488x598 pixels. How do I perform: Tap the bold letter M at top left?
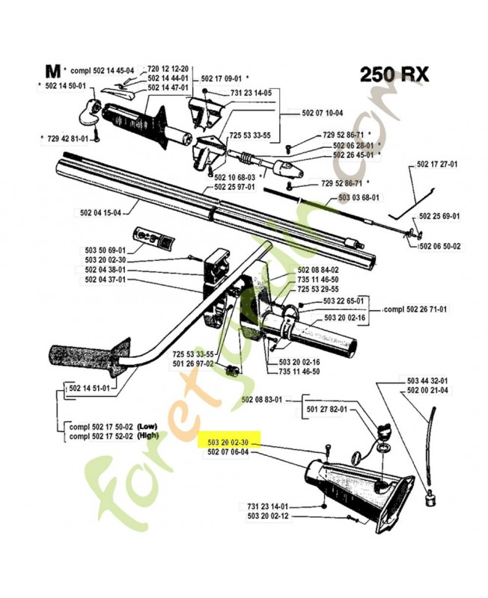pyautogui.click(x=52, y=72)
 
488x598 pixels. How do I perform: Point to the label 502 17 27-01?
pyautogui.click(x=438, y=164)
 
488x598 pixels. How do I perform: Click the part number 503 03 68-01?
pyautogui.click(x=360, y=197)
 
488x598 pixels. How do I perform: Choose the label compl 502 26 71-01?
pyautogui.click(x=415, y=309)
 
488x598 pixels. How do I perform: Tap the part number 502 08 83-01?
pyautogui.click(x=261, y=400)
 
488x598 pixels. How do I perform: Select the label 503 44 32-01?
pyautogui.click(x=427, y=381)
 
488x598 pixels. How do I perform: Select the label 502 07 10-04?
pyautogui.click(x=323, y=113)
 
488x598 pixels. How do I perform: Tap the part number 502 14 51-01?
pyautogui.click(x=88, y=388)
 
